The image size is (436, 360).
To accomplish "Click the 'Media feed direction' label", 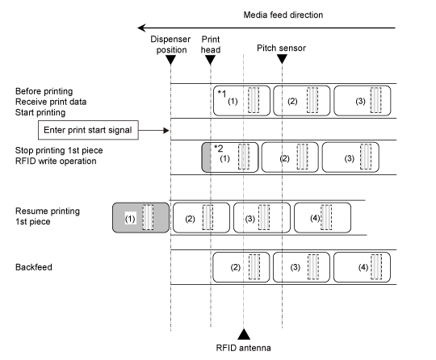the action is (x=283, y=15).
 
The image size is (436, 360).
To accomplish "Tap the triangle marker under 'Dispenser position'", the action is (x=170, y=60).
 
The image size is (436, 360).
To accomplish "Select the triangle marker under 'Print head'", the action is (x=210, y=60).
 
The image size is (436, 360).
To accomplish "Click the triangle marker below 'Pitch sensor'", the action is (x=282, y=59).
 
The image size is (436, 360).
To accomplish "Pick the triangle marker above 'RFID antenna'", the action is (x=244, y=334).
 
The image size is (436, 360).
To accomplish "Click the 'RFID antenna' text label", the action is (x=243, y=348).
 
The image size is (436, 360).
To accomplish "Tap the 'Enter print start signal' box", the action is (x=88, y=130).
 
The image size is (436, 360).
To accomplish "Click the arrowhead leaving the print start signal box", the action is (x=166, y=130).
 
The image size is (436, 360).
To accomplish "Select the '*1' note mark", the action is (x=222, y=94).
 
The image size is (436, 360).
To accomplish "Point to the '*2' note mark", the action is (x=219, y=149).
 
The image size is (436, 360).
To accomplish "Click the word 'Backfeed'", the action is (x=34, y=267).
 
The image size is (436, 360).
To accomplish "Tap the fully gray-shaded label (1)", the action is (x=140, y=218).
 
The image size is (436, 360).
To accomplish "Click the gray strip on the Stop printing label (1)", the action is (x=206, y=157).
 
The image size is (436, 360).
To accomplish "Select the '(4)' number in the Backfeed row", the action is (x=363, y=267).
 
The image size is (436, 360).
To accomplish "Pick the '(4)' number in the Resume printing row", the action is (x=316, y=218).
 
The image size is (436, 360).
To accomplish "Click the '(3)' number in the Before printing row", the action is (x=360, y=101).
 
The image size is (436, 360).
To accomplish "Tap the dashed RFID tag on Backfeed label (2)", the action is (x=254, y=267).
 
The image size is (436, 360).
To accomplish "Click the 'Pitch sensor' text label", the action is (x=281, y=48).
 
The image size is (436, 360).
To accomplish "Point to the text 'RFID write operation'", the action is (x=56, y=161).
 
